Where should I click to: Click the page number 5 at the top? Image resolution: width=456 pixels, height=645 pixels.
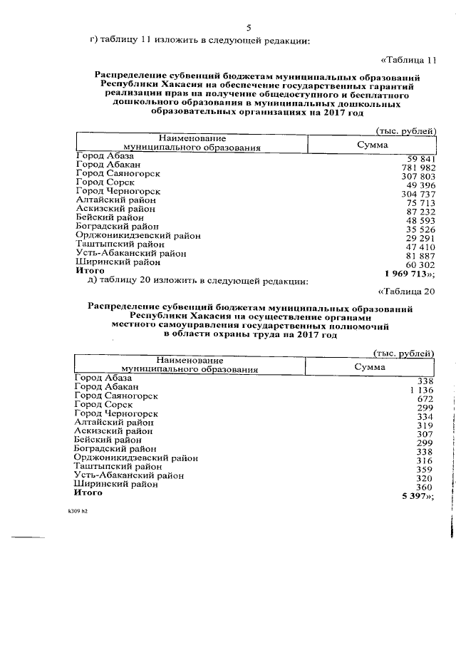249,28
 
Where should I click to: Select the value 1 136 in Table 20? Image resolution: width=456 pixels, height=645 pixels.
421,389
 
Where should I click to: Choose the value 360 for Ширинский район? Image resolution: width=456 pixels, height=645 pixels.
425,485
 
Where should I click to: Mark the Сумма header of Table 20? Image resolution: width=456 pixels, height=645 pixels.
370,366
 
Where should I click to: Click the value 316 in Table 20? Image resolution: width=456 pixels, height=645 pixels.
425,460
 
